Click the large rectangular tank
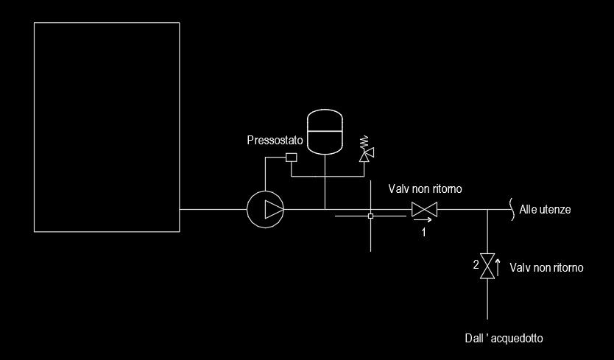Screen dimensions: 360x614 [x=107, y=127]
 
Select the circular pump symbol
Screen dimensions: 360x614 [x=266, y=210]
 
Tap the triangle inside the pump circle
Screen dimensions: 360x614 [x=273, y=210]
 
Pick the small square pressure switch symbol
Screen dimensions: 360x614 [x=291, y=157]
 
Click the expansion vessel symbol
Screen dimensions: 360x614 [x=324, y=131]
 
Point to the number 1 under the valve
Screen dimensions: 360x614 [x=423, y=232]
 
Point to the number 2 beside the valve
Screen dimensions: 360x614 [x=476, y=264]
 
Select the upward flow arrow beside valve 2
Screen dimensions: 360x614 [x=498, y=265]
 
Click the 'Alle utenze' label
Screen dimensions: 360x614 [x=545, y=210]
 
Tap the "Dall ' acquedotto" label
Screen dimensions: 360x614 [x=504, y=339]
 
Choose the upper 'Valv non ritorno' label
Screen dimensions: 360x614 [x=426, y=189]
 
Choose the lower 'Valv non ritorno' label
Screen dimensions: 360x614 [x=546, y=268]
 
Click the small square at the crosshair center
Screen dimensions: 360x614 [x=370, y=216]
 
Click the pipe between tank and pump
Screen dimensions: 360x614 [x=214, y=210]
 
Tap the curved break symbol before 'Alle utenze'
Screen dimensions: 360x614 [x=509, y=209]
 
